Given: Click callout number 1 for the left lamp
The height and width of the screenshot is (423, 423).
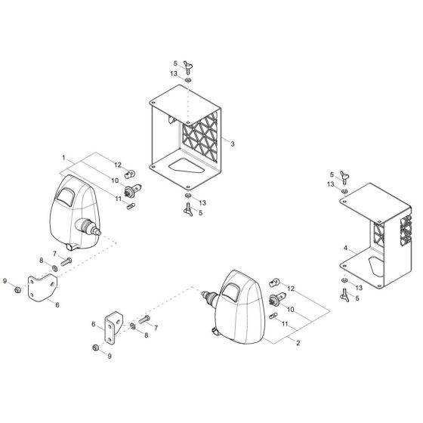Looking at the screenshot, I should pyautogui.click(x=65, y=159).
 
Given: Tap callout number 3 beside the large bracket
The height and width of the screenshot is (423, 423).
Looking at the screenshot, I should pyautogui.click(x=233, y=143).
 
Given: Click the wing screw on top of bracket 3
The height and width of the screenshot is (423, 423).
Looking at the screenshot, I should pyautogui.click(x=186, y=65).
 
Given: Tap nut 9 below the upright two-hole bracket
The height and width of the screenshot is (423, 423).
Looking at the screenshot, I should pyautogui.click(x=96, y=347).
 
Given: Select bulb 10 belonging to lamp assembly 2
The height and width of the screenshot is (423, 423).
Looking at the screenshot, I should pyautogui.click(x=275, y=300).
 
